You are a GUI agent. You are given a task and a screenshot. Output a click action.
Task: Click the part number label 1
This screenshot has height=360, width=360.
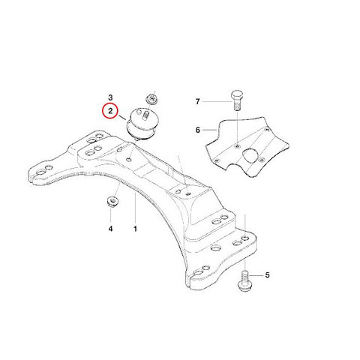coord(135,229)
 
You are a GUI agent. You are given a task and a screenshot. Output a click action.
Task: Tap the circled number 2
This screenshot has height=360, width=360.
coord(110,111)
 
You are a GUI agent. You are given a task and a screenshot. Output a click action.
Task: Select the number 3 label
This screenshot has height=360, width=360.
coord(110,97)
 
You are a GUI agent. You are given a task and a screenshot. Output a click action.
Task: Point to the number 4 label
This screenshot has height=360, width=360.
coord(110,229)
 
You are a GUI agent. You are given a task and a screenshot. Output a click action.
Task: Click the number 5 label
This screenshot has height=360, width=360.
coord(267,275)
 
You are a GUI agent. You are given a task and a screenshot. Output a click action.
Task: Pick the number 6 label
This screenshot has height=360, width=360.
coord(198,130)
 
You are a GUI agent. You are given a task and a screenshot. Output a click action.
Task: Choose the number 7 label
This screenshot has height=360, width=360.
coord(198,102)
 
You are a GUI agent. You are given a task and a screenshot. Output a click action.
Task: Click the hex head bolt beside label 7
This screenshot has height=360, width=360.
coord(237,100)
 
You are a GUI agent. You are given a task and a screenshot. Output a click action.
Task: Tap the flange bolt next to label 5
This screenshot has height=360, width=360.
coord(245,281)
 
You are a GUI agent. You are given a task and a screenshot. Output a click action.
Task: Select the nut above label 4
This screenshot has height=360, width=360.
coord(112,201)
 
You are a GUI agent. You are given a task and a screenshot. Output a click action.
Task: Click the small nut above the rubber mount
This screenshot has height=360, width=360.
coord(151,99)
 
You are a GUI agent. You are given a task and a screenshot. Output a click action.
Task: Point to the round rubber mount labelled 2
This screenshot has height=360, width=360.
coord(142,122)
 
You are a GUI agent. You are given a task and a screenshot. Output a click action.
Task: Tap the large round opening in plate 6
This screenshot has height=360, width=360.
coord(250,156)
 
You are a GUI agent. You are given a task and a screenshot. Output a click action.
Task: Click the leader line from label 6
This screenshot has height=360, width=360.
coord(209,130)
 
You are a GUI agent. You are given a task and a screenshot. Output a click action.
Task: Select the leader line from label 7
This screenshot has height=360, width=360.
coord(217,102)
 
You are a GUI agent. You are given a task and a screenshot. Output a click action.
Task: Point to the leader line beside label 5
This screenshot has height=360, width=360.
coord(256,275)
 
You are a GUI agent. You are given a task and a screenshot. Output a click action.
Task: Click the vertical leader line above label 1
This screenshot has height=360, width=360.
coord(135,208)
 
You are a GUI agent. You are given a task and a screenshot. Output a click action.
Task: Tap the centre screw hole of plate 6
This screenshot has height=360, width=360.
coord(237,146)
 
